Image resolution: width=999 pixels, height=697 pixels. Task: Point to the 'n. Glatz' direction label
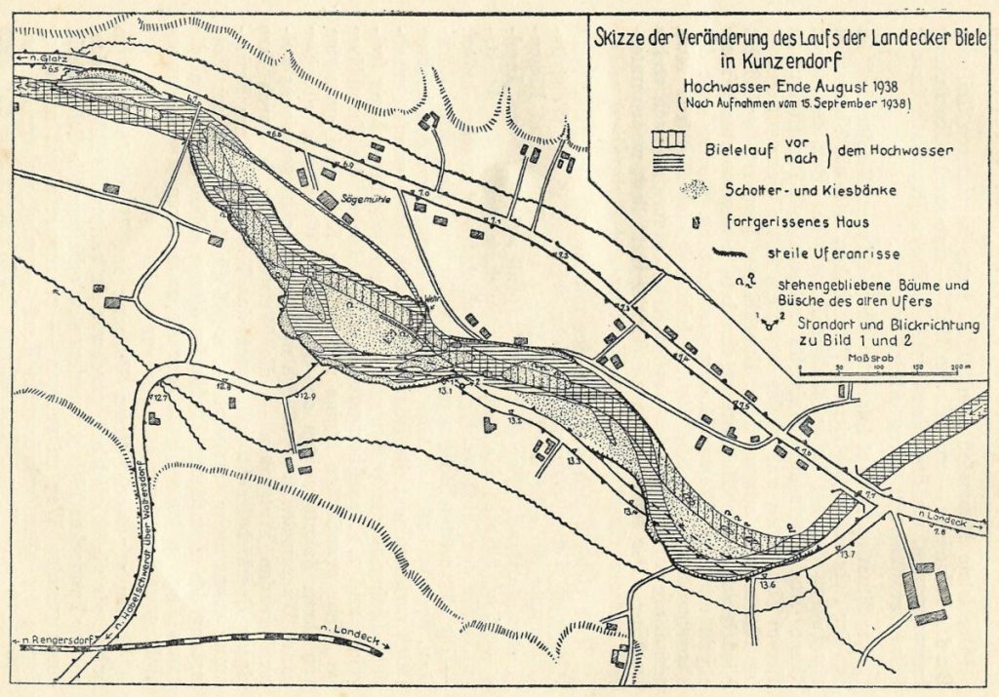point(38,59)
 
